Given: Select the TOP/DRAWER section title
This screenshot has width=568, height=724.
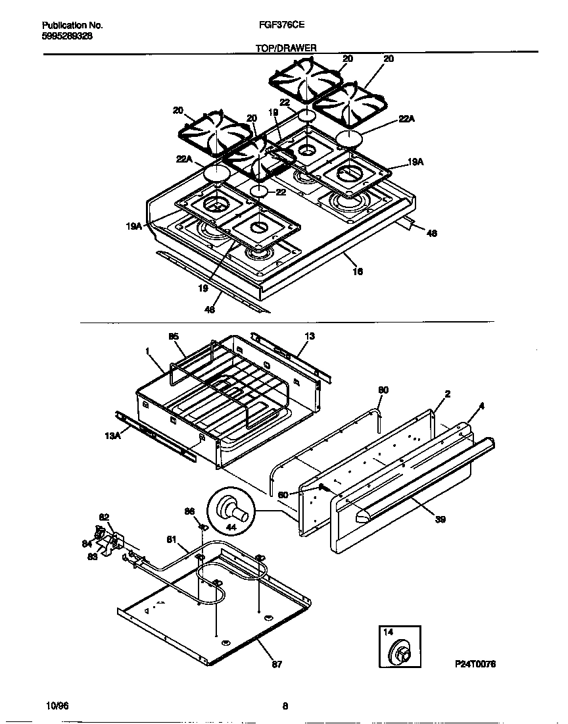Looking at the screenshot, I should coord(286,48).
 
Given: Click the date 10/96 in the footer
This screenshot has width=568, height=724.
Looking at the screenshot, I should coord(58,706).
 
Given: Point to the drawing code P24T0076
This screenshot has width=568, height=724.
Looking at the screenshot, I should coord(474,665).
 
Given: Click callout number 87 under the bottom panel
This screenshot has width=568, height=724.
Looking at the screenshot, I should coord(277,665).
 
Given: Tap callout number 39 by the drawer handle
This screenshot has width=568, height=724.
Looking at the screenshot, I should coord(440,519).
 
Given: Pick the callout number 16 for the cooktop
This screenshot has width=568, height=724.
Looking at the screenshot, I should coord(358,271).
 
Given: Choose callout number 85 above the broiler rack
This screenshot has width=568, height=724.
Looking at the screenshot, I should coord(174,336).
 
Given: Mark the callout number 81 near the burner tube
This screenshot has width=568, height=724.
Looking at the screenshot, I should coord(172,540).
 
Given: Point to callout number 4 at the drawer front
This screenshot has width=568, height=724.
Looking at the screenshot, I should coord(481,406).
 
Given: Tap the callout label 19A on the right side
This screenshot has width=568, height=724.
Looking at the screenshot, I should coord(415,161).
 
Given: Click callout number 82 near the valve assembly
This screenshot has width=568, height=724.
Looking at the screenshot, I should coord(104,517).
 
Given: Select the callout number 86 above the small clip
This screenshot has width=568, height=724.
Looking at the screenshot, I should coord(189,511).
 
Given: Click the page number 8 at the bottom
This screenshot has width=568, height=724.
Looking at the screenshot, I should coord(285,707).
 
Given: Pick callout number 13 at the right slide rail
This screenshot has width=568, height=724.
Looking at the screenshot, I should coord(310,336).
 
